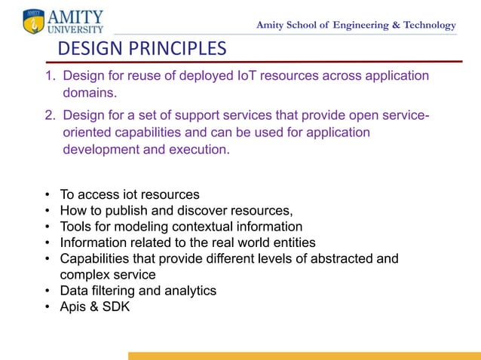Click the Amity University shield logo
point(34,21)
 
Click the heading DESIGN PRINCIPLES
point(142,50)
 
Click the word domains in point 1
point(90,93)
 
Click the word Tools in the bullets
point(76,227)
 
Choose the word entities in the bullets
point(292,243)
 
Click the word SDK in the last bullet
point(115,307)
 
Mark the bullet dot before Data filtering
point(47,291)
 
